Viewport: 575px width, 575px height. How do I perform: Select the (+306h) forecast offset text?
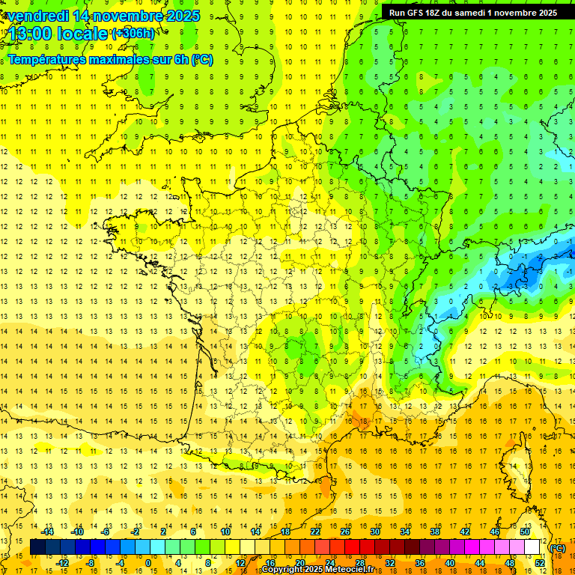[x=133, y=34]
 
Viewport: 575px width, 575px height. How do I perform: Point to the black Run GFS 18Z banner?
[x=472, y=12]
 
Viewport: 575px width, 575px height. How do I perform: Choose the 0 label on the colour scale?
[x=147, y=563]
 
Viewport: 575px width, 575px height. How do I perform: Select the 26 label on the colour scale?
[x=345, y=532]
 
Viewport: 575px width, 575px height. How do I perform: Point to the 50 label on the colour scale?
[x=524, y=532]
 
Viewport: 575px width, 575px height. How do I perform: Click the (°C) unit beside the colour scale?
[x=558, y=548]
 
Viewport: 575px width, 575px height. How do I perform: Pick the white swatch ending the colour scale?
[x=532, y=547]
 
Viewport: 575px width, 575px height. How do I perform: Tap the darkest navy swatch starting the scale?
[x=37, y=547]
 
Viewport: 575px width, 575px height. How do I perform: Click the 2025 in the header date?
[x=183, y=16]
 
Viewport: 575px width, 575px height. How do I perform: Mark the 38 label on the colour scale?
[x=435, y=532]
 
